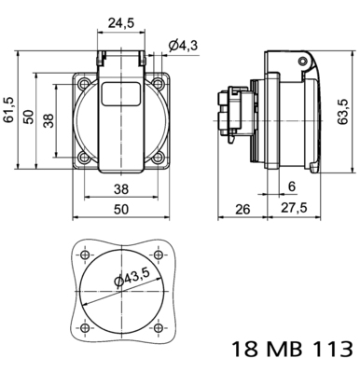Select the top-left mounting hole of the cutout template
coord(85,255)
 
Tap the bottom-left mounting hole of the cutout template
coord(85,328)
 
